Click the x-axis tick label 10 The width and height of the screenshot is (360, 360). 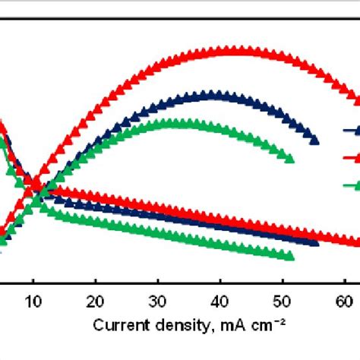tap(33, 300)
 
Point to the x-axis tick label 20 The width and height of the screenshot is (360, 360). tap(95, 300)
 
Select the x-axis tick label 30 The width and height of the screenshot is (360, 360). tap(157, 300)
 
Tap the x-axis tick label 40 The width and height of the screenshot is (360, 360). tap(219, 300)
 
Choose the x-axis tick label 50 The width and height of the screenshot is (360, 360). tap(282, 300)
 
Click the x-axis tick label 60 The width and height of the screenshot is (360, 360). tap(344, 300)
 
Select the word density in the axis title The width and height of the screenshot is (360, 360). tap(174, 325)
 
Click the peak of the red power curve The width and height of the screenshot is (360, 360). tap(228, 51)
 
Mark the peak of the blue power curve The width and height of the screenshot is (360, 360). tap(214, 95)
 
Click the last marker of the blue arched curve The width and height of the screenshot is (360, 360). tap(315, 139)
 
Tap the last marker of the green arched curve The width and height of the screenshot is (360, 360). tap(289, 158)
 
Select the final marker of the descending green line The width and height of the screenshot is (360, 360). tap(289, 257)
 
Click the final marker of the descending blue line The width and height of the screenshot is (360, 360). tap(315, 242)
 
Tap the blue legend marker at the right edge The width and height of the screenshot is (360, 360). tap(353, 130)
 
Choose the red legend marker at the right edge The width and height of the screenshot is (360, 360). tap(353, 157)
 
